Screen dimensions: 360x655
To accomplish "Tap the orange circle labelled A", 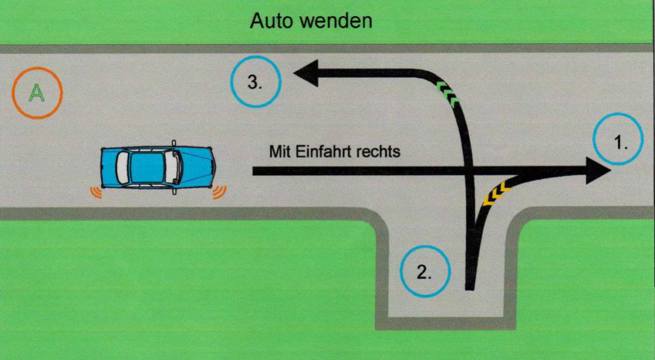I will click(37, 93).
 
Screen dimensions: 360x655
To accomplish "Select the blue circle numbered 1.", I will click(618, 143).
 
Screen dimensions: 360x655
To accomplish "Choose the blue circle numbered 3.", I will click(255, 82).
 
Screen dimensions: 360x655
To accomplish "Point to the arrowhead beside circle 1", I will click(597, 171).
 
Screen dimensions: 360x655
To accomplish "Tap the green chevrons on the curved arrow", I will click(448, 93).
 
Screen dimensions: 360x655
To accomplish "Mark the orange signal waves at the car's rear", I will click(97, 191).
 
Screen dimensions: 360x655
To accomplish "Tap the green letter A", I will click(37, 93).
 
